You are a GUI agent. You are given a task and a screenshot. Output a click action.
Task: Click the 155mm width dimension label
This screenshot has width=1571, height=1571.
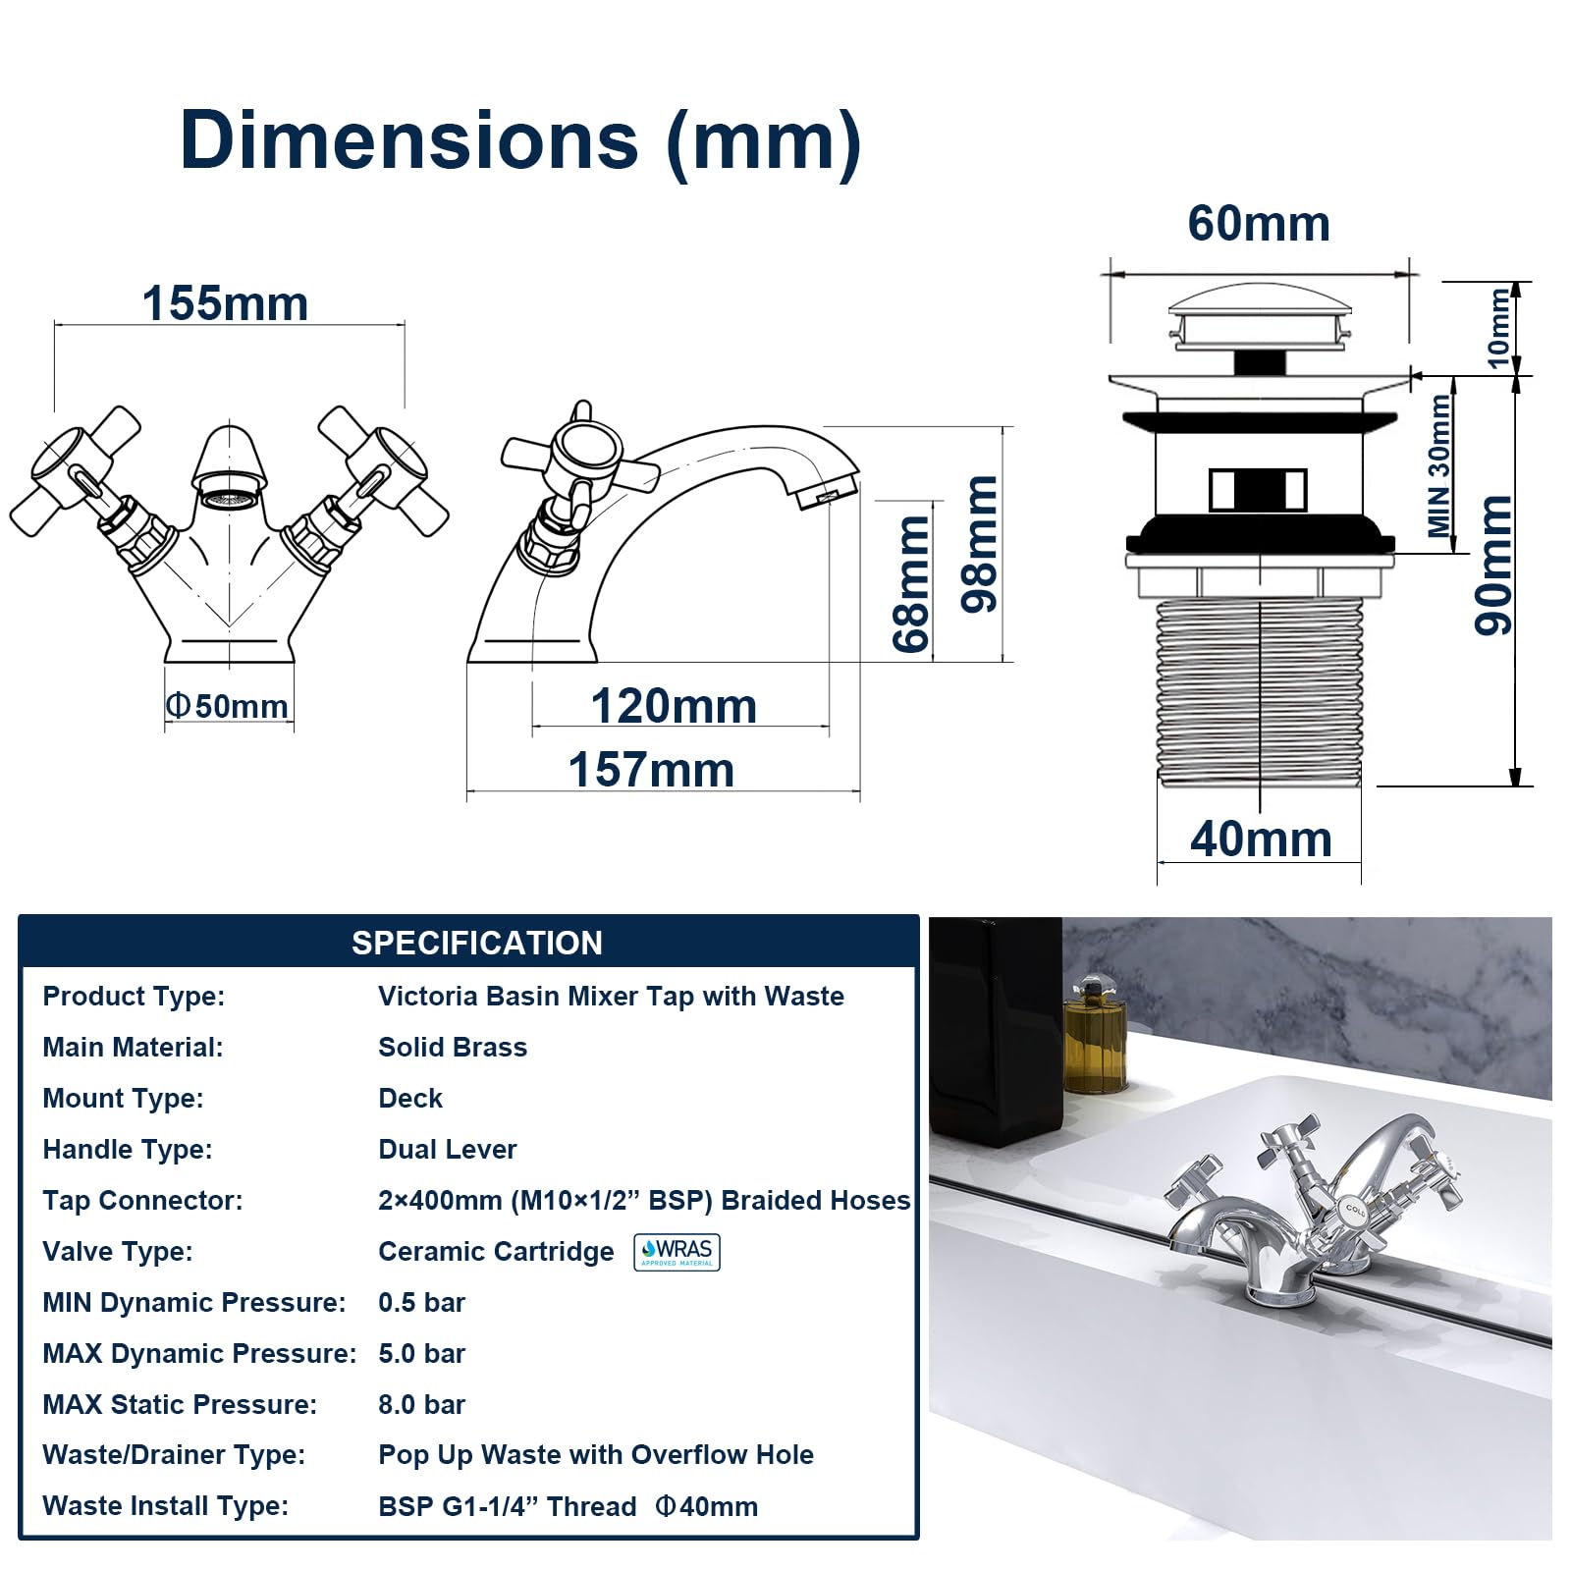point(225,303)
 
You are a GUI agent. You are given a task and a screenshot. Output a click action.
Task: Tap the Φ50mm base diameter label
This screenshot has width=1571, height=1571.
point(227,706)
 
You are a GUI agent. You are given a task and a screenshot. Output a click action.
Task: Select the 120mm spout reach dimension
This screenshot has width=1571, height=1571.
point(674,706)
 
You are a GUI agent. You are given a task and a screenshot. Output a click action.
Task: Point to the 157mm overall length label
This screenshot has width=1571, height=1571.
point(651,770)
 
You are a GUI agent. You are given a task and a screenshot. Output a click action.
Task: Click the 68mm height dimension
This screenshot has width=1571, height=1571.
point(911,583)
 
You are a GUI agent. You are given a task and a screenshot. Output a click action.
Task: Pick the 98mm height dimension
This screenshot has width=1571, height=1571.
point(979,544)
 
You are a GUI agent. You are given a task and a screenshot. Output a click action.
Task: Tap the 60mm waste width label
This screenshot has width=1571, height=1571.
point(1259,224)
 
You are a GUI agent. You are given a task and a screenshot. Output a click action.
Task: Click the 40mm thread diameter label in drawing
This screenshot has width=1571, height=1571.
point(1261,840)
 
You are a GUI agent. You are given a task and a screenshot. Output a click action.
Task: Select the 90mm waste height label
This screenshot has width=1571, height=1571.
point(1493,565)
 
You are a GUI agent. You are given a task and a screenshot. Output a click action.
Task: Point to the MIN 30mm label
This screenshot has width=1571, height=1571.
point(1439,465)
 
